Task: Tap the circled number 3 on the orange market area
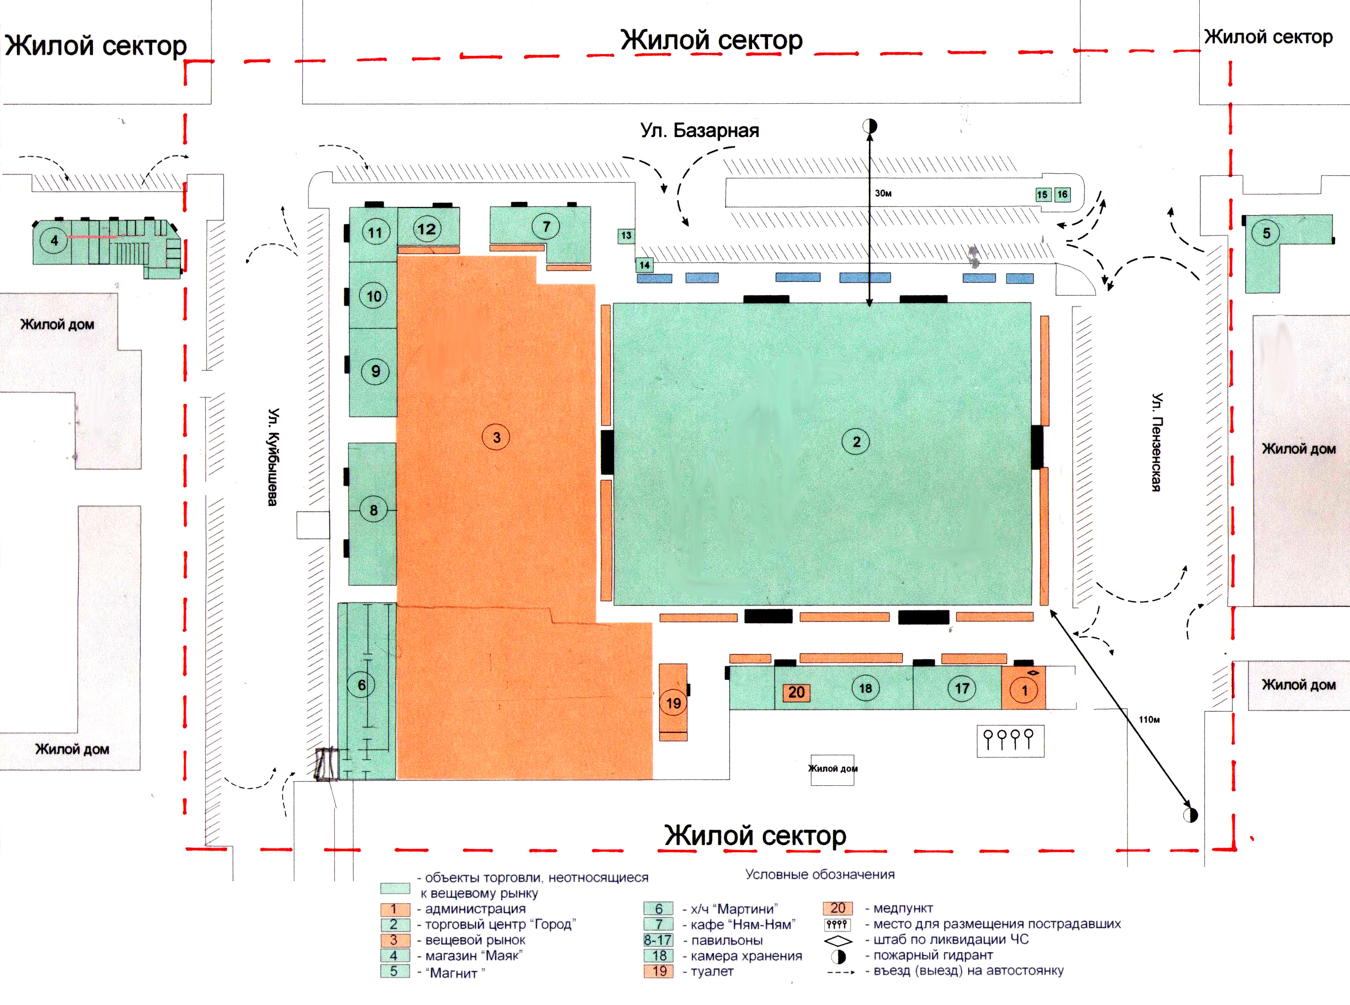497,437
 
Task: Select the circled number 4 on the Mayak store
54,240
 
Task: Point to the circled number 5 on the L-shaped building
1266,233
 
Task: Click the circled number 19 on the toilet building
673,703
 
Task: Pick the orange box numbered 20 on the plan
796,692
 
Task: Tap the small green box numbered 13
626,235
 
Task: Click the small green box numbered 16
1062,194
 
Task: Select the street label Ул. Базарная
699,130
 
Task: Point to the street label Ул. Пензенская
1157,442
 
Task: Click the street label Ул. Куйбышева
274,456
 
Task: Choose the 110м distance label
1149,719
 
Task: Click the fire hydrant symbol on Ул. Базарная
870,126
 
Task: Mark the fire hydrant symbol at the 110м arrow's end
1191,815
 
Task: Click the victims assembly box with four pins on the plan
1011,741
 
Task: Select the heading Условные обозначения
820,874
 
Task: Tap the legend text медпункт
903,908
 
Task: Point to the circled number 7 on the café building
546,226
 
